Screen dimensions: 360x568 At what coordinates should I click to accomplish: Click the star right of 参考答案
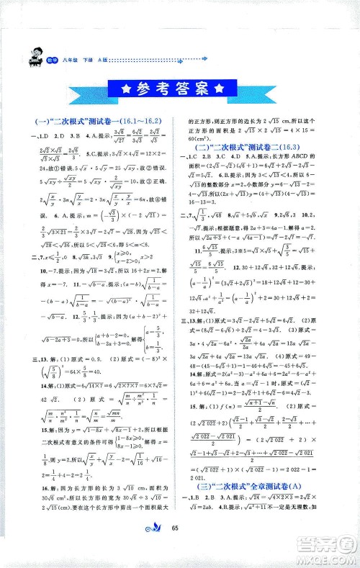[x=220, y=89]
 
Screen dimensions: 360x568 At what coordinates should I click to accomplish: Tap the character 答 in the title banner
[x=183, y=89]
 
